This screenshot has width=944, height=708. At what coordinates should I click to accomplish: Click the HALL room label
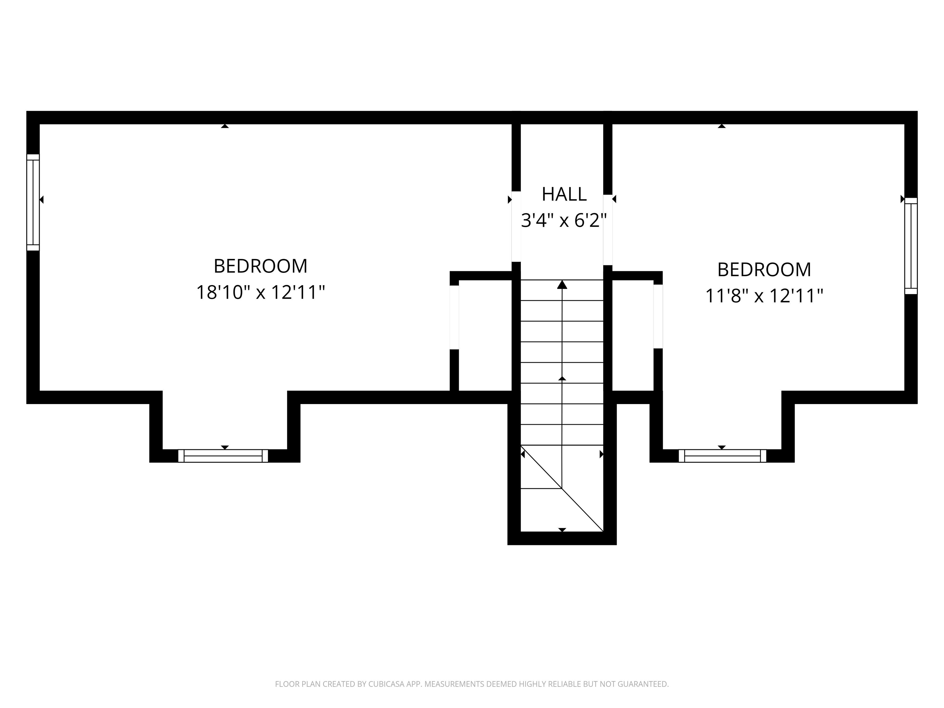pyautogui.click(x=564, y=195)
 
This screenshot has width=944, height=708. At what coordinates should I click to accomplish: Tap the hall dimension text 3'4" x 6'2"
pyautogui.click(x=564, y=221)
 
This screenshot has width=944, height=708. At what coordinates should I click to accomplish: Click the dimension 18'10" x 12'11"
pyautogui.click(x=260, y=293)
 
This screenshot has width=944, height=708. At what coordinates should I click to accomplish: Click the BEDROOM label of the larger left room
pyautogui.click(x=260, y=266)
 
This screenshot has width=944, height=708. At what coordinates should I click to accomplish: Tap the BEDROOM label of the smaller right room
pyautogui.click(x=764, y=270)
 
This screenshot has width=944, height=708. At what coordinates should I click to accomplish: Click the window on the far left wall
pyautogui.click(x=33, y=202)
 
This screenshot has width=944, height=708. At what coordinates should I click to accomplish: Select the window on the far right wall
pyautogui.click(x=911, y=246)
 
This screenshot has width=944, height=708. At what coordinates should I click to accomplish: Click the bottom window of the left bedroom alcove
pyautogui.click(x=223, y=456)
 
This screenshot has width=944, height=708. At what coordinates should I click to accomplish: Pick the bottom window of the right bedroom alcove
pyautogui.click(x=722, y=456)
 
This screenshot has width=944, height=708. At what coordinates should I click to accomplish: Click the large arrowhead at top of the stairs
pyautogui.click(x=562, y=285)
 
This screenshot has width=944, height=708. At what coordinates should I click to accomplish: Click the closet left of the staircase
pyautogui.click(x=485, y=335)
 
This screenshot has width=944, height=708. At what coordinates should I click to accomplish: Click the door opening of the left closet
pyautogui.click(x=454, y=317)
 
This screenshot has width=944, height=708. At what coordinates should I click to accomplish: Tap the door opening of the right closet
pyautogui.click(x=658, y=316)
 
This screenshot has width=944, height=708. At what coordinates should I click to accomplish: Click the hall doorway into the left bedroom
pyautogui.click(x=516, y=226)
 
